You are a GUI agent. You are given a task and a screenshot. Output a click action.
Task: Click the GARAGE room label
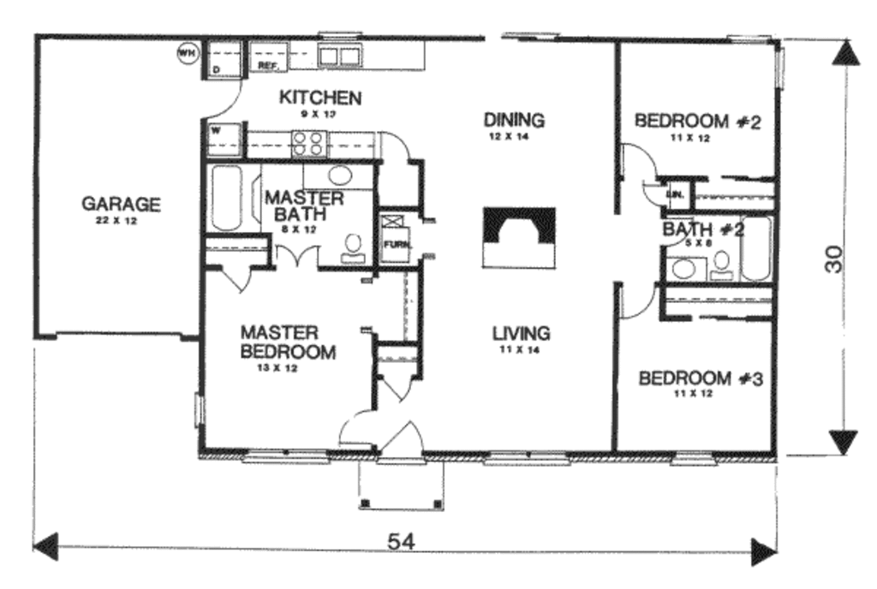pos(121,205)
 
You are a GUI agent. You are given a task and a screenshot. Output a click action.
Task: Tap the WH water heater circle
pos(186,54)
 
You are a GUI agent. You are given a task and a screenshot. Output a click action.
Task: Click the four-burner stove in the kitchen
pos(310,143)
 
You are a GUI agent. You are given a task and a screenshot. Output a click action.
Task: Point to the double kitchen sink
pos(339,57)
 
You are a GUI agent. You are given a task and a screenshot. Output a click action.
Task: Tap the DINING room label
pos(515,119)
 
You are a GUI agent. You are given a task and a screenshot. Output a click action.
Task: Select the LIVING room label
pos(521,333)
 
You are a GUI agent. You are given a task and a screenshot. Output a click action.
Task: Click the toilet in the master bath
pos(353,247)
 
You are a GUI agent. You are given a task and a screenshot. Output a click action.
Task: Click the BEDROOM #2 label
pos(697,121)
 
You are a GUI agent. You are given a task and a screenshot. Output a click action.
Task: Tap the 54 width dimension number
pos(397,541)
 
